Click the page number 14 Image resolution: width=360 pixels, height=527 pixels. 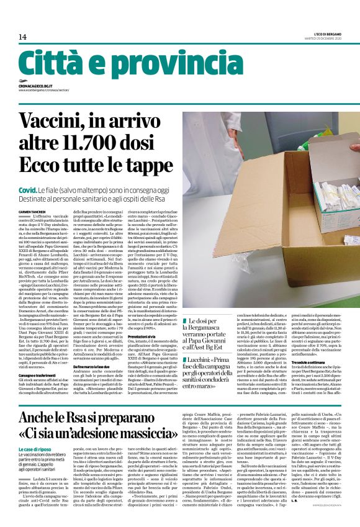(22, 37)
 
